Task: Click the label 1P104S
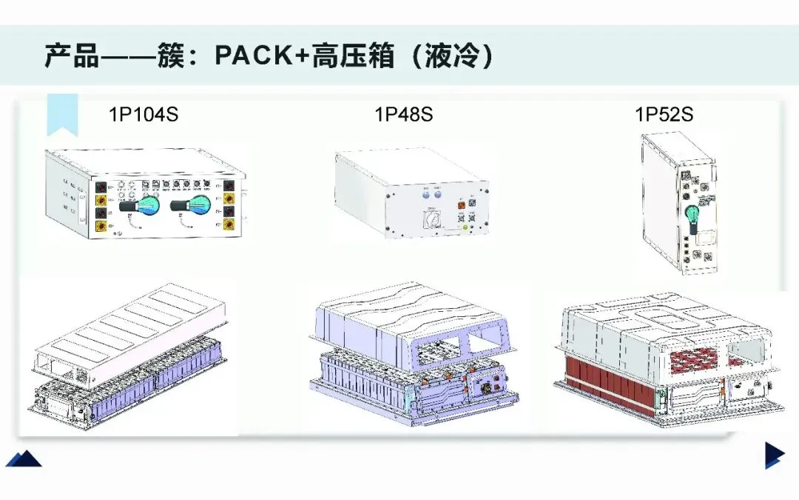point(144,115)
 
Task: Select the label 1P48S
point(403,115)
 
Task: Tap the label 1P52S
point(664,115)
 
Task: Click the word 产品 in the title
point(72,56)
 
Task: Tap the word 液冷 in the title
point(452,56)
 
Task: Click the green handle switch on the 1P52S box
point(692,216)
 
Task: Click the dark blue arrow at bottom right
point(774,454)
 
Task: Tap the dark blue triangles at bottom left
point(24,459)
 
